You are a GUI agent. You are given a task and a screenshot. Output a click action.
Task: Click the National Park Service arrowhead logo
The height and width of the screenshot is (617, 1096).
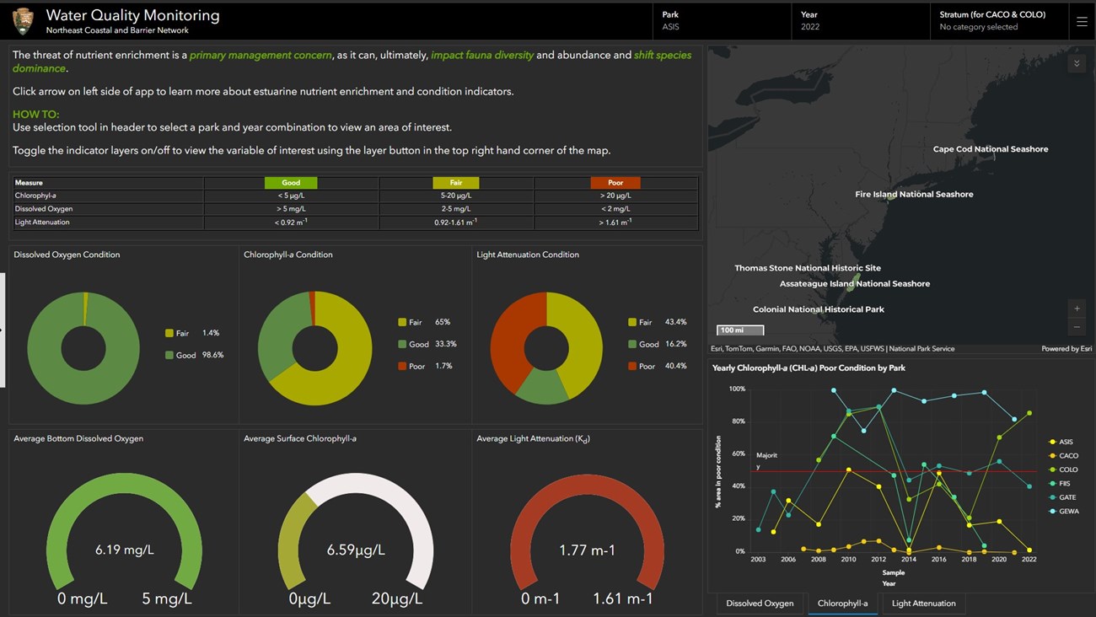(23, 21)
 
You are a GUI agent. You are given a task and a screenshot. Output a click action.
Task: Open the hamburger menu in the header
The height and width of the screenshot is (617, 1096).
(1082, 22)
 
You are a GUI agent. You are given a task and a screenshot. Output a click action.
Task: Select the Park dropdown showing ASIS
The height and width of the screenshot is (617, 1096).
(721, 21)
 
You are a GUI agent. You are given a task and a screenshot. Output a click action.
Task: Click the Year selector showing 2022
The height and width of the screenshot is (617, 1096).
(860, 21)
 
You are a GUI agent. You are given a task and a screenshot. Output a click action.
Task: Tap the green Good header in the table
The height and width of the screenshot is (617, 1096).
(291, 183)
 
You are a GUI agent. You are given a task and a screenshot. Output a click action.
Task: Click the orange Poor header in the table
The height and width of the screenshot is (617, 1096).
(615, 183)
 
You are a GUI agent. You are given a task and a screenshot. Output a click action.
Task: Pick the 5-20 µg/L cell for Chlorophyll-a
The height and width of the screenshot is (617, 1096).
(455, 196)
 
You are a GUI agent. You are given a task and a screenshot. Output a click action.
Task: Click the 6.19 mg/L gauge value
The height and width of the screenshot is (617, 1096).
(124, 550)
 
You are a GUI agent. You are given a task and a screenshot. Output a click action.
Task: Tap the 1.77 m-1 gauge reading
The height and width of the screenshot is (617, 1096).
(587, 550)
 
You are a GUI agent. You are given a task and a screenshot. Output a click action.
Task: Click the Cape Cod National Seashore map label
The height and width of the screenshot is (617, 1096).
(990, 149)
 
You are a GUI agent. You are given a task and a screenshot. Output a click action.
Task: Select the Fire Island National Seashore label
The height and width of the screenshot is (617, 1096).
(914, 195)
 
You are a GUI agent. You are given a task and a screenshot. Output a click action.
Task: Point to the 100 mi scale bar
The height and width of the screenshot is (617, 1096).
(740, 330)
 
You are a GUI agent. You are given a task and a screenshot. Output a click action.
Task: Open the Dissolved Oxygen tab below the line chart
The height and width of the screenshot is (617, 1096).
(760, 604)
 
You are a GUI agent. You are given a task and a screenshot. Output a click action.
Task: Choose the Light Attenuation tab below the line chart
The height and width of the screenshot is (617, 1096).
(923, 604)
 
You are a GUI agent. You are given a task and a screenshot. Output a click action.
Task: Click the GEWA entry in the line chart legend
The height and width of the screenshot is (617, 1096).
(1068, 512)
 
